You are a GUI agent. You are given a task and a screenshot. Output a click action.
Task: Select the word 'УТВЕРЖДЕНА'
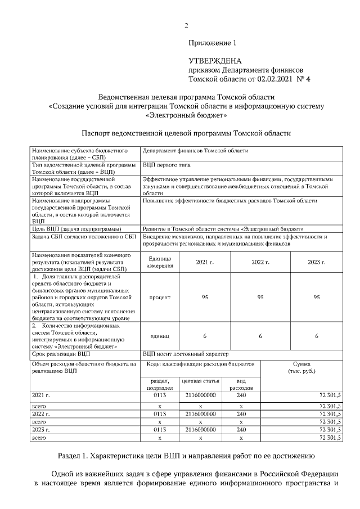click(x=215, y=61)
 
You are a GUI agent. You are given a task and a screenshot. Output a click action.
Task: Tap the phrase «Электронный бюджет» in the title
click(x=186, y=115)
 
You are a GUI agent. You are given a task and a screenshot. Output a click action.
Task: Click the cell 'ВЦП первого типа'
click(x=166, y=165)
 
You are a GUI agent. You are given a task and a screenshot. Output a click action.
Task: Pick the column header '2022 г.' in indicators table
click(x=260, y=262)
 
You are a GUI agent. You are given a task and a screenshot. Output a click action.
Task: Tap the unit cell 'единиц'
click(x=160, y=336)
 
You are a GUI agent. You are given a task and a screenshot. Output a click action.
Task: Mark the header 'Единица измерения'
click(x=160, y=262)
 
